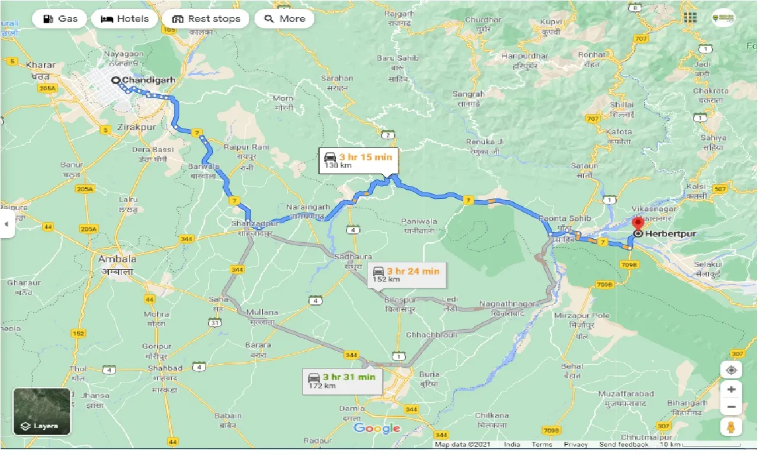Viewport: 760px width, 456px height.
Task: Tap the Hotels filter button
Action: tap(125, 19)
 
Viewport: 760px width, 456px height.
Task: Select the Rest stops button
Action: tap(206, 19)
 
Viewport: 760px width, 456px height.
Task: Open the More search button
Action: tap(284, 19)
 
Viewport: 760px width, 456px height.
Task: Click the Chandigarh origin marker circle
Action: tap(115, 81)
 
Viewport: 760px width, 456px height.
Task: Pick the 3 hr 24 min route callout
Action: tap(407, 275)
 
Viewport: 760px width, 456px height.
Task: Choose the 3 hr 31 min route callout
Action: tap(342, 380)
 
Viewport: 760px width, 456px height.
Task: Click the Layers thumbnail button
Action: tap(42, 412)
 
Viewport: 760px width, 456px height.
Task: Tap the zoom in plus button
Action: tap(731, 390)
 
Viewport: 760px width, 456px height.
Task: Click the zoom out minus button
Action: tap(731, 407)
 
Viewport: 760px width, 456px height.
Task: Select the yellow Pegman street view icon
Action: tap(731, 427)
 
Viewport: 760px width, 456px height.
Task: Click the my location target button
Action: tap(731, 370)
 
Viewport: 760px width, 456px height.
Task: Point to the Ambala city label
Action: tap(117, 259)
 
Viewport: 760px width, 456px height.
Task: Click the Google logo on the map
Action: tap(376, 428)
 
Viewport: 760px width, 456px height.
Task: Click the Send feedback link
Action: tap(623, 445)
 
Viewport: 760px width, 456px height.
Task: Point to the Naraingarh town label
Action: tap(307, 208)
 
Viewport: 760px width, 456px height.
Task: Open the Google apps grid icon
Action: tap(690, 18)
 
